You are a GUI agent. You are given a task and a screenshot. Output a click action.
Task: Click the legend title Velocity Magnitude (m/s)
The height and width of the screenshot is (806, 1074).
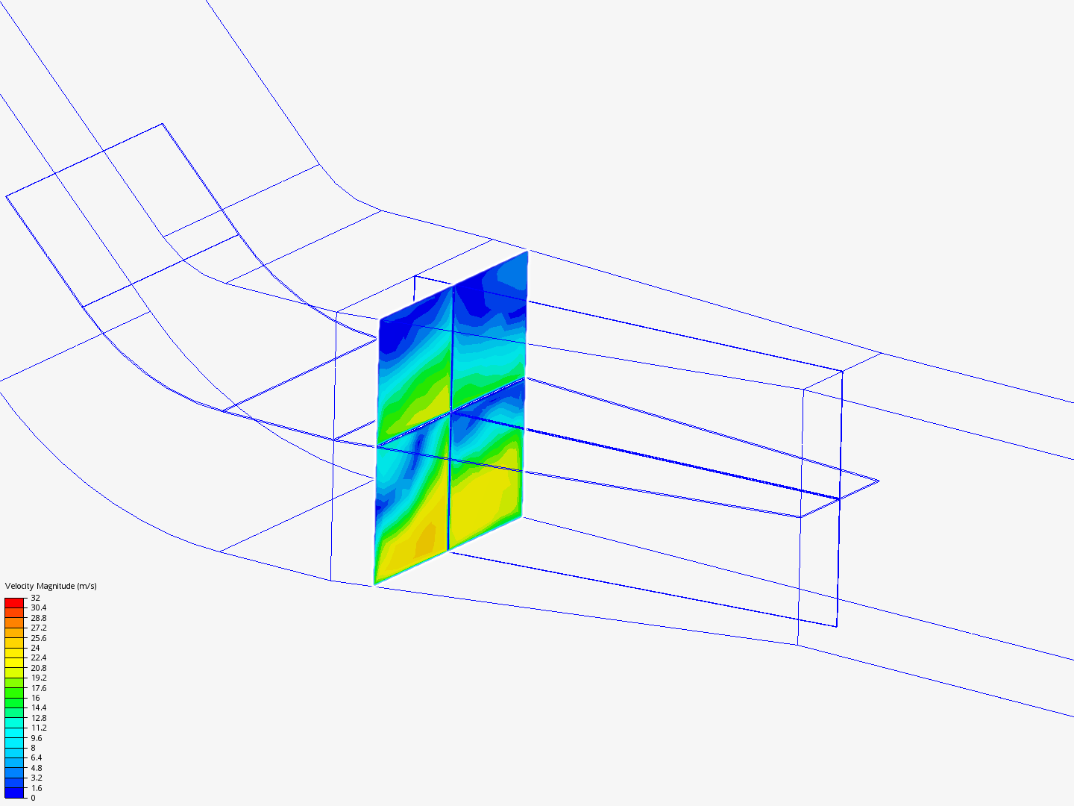(51, 586)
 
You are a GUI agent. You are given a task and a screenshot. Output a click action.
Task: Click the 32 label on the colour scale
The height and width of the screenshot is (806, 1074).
(35, 598)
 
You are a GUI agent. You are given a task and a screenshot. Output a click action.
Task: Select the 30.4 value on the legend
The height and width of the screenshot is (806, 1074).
(39, 607)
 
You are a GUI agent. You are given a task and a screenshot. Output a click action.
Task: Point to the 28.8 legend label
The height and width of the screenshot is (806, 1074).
(39, 618)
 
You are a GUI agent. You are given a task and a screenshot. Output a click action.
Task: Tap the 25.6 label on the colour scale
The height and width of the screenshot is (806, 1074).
(39, 638)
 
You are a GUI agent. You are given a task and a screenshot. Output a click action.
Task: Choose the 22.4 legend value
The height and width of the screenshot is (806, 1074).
(39, 657)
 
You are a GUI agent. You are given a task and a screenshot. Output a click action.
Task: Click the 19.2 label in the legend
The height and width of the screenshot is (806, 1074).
(39, 678)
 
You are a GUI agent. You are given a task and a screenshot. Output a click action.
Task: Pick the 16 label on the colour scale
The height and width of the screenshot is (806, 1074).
(35, 698)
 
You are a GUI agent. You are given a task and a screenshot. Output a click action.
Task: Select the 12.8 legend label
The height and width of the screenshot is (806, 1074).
(39, 718)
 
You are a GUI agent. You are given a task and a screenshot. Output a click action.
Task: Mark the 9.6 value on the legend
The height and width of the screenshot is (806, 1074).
(37, 738)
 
